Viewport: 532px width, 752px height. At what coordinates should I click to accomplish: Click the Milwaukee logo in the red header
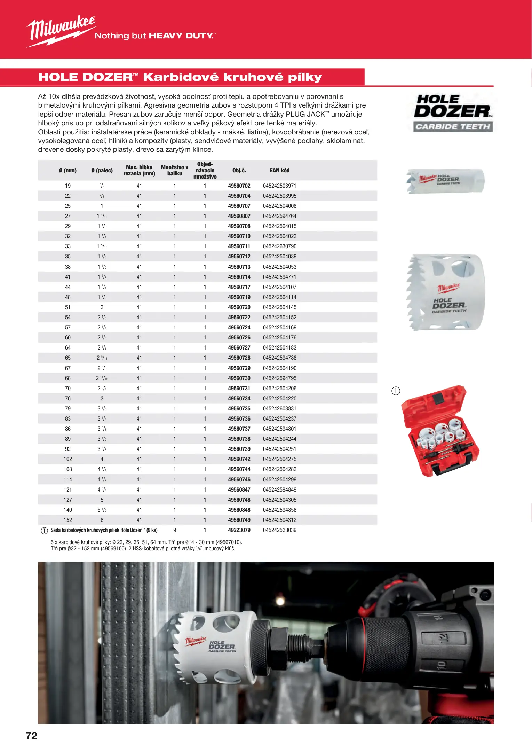(61, 31)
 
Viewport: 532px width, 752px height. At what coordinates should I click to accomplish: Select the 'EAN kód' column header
(279, 171)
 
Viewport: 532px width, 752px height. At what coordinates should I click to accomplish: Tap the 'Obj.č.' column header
(239, 171)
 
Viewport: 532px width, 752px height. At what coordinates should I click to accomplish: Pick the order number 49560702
(239, 186)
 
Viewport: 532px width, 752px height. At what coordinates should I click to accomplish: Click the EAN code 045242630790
(279, 246)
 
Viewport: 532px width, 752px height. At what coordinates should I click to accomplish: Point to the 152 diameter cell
(68, 520)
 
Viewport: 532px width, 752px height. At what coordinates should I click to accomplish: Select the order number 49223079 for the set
(239, 530)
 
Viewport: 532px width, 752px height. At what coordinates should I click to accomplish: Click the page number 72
(31, 736)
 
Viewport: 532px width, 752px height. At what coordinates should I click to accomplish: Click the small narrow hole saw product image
(446, 181)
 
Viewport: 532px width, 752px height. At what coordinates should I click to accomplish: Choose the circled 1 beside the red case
(396, 391)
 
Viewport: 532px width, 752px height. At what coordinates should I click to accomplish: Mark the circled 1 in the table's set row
(44, 531)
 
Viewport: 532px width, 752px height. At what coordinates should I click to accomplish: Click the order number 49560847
(239, 490)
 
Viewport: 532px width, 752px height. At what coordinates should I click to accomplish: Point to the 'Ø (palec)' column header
(102, 171)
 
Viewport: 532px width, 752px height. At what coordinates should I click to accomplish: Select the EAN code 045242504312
(279, 520)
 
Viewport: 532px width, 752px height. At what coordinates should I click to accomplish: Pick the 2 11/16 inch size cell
(102, 378)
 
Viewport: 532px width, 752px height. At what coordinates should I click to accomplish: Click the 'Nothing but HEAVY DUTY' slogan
(156, 36)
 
